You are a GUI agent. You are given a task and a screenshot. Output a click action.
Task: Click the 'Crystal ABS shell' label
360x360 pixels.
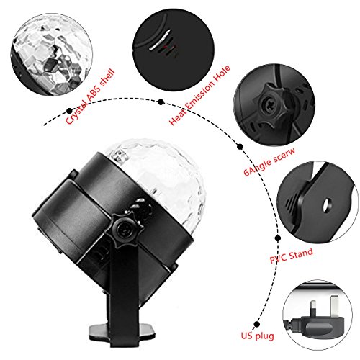[x=90, y=96]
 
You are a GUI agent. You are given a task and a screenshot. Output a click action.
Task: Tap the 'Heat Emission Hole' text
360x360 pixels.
[x=199, y=95]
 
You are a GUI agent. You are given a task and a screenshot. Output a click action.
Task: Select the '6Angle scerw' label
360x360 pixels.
[x=269, y=161]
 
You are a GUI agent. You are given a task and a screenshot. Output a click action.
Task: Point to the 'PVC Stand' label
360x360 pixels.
[x=291, y=256]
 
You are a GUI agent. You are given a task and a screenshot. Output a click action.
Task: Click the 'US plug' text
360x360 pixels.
[x=257, y=336]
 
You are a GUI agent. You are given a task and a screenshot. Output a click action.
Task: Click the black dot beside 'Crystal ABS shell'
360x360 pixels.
[x=69, y=111]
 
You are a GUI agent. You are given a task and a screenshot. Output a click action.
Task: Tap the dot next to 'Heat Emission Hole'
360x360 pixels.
[x=161, y=102]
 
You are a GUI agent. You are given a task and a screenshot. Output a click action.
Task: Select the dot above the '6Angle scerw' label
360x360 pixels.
[x=240, y=147]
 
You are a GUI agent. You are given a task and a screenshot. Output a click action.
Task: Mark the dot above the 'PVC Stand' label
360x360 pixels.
[x=278, y=238]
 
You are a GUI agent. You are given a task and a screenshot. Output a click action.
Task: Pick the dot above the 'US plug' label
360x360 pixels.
[x=256, y=325]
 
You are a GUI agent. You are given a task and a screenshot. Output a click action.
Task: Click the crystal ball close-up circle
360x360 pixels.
[x=52, y=55]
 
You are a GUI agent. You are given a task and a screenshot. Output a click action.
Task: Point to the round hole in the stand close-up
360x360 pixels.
[x=326, y=205]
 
